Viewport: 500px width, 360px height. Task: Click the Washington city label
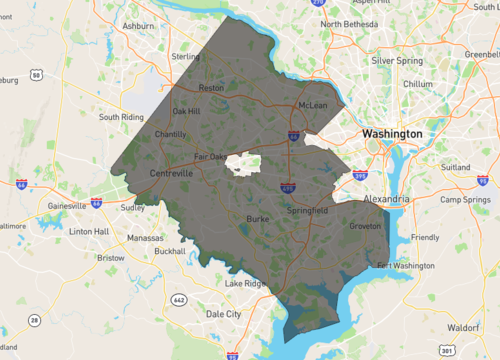click(x=391, y=133)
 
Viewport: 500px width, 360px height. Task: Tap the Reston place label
click(x=212, y=88)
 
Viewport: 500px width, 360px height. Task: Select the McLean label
click(x=314, y=104)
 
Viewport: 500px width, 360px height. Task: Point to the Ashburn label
click(x=137, y=25)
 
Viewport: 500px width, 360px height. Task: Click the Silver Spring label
click(x=397, y=60)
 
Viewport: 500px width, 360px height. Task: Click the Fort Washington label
click(x=406, y=266)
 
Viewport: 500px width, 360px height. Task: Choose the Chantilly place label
click(x=171, y=134)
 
